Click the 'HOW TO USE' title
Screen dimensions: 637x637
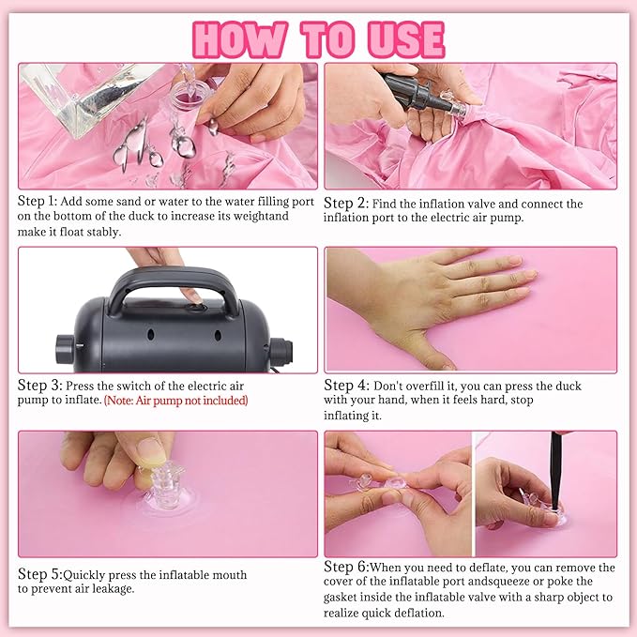318,38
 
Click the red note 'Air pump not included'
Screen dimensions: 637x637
175,401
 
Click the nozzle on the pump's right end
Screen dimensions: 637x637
279,348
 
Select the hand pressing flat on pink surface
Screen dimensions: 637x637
441,300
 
